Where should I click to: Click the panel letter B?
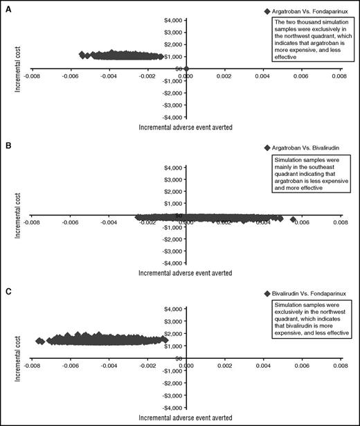(5, 146)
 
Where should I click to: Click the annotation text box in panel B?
(309, 175)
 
